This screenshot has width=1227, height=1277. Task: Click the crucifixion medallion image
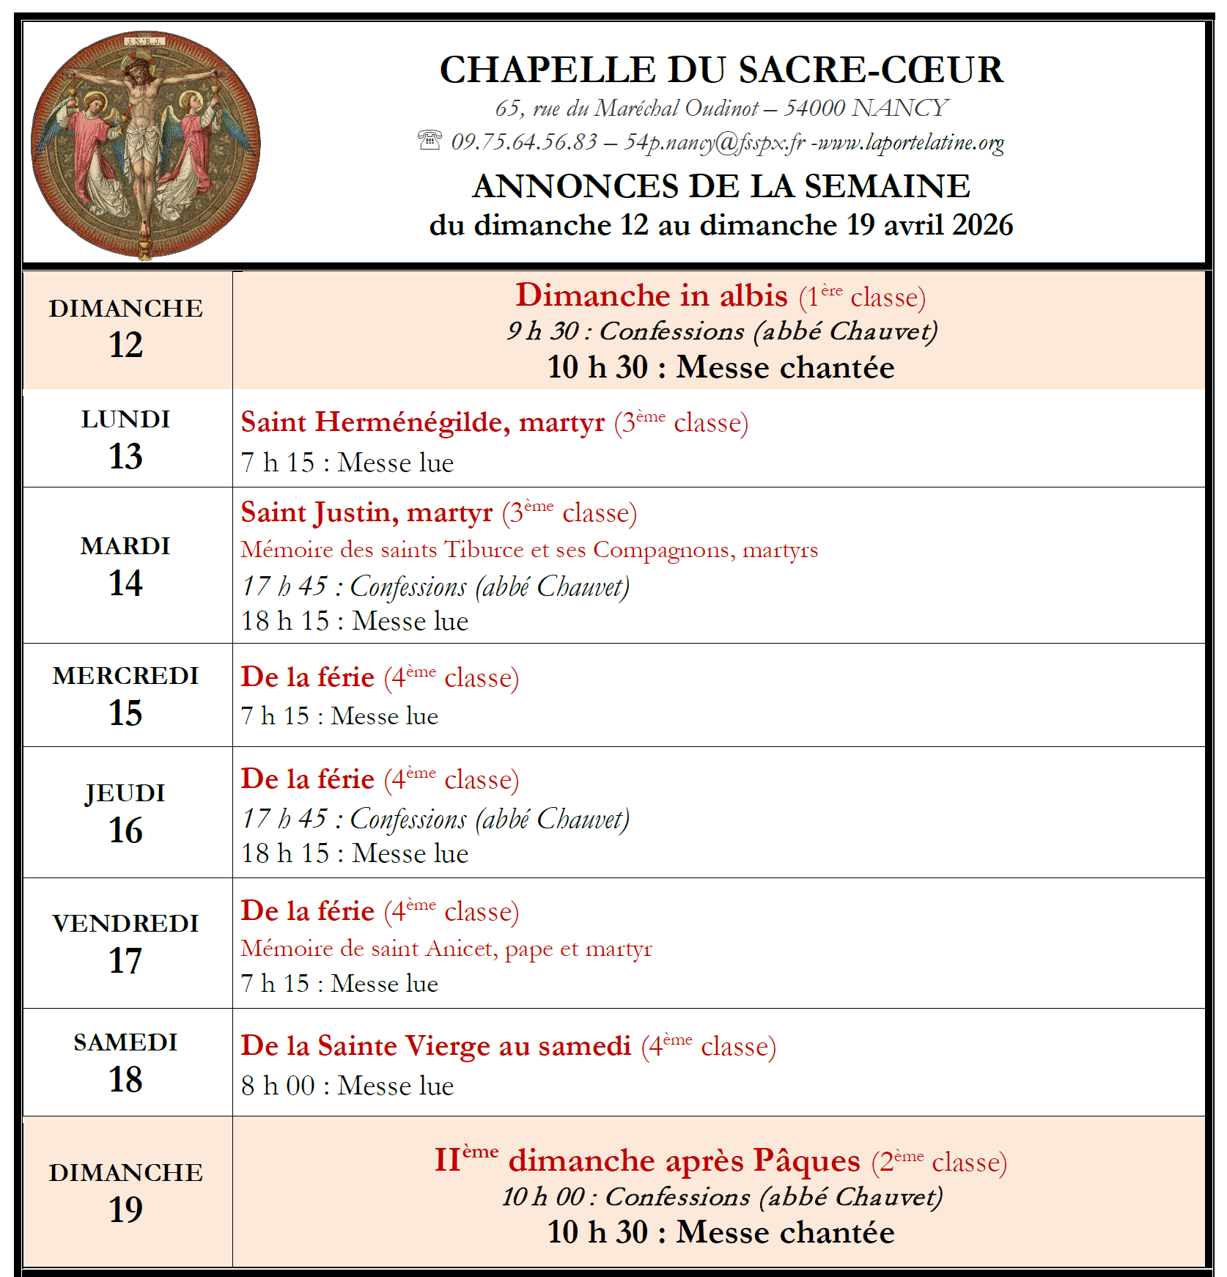tap(145, 145)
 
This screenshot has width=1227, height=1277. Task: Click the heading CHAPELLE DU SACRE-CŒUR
tap(721, 70)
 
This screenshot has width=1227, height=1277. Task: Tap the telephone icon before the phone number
tap(430, 139)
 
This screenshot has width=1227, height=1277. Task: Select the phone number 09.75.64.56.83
tap(524, 141)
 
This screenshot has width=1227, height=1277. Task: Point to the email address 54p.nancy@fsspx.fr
tap(715, 141)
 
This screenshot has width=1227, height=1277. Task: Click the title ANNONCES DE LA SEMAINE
tap(721, 186)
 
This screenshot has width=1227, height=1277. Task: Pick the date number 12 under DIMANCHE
tap(126, 345)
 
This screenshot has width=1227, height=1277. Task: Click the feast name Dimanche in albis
tap(652, 295)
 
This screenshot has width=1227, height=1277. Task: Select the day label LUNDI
tap(126, 419)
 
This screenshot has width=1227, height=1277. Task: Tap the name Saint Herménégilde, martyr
tap(423, 422)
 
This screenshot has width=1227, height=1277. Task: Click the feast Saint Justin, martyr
tap(366, 512)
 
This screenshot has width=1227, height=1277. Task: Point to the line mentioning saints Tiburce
tap(529, 549)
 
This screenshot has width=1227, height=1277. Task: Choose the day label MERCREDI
tap(126, 676)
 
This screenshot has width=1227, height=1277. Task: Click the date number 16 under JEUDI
tap(126, 831)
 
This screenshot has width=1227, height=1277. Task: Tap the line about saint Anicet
tap(446, 948)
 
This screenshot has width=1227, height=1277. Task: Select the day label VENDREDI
tap(126, 924)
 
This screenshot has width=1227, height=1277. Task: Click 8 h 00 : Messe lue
tap(347, 1086)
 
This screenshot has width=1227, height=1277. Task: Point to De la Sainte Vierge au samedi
tap(436, 1046)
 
